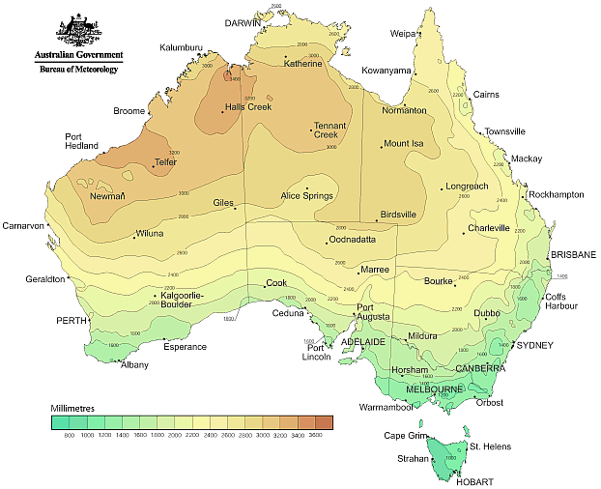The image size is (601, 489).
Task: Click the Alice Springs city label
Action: point(306,196)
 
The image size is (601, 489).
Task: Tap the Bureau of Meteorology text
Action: point(77,70)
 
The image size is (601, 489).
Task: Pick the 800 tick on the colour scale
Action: point(69,437)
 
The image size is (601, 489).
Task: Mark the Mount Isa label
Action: point(404,144)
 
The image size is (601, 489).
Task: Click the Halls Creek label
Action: point(247,106)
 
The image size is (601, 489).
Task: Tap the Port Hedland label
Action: point(81,141)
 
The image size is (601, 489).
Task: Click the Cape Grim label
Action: point(405,435)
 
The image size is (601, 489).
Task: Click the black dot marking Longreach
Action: point(442,187)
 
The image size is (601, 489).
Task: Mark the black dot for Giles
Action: point(235,207)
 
